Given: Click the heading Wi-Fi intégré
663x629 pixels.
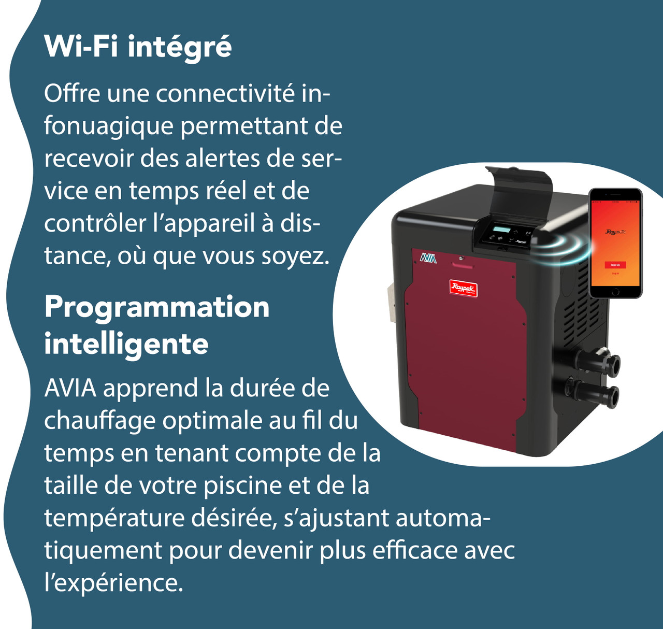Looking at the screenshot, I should point(138,47).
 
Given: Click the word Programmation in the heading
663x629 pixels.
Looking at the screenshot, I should point(157,307).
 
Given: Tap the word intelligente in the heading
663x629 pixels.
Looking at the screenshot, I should point(126,344).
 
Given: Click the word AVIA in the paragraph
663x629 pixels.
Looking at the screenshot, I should point(70,388).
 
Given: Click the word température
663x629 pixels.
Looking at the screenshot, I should point(114,518).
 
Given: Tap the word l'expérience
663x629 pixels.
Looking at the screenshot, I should point(114,583).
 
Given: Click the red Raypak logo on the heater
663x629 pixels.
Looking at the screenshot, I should point(463,288).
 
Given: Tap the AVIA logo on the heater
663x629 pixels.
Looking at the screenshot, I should point(428,258).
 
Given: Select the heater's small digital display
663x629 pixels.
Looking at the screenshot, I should point(501,230).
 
